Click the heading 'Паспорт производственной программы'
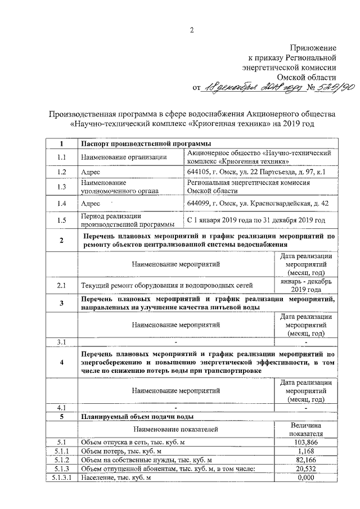pos(143,143)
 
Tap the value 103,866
pos(306,443)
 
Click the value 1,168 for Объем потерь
pos(306,451)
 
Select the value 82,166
pos(306,460)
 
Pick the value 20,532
pos(306,469)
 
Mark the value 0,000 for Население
pos(306,478)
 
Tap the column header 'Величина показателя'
pos(306,430)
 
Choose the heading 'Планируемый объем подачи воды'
pos(138,417)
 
